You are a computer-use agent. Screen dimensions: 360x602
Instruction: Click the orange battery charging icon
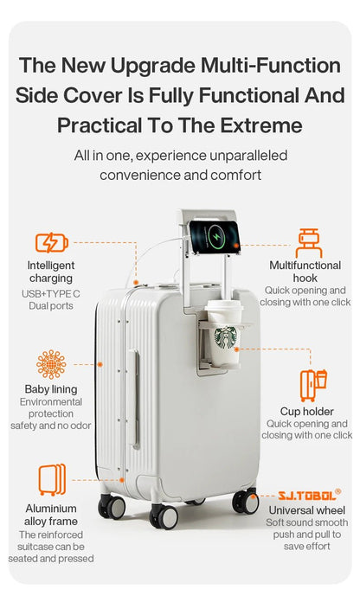(51, 242)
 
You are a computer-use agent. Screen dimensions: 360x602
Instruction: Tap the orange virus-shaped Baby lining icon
(51, 364)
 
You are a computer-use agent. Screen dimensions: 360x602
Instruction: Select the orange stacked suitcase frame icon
(52, 479)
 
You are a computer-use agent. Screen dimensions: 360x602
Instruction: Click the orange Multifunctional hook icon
(309, 243)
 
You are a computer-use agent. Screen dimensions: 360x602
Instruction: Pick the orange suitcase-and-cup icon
(313, 385)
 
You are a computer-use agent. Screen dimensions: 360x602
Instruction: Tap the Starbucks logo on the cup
(226, 337)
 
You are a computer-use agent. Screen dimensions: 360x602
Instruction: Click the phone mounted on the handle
(215, 237)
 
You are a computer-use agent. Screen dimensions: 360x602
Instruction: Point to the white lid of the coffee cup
(224, 306)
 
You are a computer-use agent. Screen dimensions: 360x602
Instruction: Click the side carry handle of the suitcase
(134, 398)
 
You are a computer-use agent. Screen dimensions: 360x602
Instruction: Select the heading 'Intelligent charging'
(51, 272)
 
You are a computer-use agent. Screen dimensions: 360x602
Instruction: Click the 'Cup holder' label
(306, 412)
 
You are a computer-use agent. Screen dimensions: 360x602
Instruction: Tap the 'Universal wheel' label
(307, 510)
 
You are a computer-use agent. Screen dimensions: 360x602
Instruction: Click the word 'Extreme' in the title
(261, 125)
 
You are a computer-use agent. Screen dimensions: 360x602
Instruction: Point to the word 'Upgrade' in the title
(153, 66)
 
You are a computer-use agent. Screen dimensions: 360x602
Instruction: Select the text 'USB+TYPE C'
(51, 294)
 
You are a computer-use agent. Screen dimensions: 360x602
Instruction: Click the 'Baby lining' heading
(51, 389)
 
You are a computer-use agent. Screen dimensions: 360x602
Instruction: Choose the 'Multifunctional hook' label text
(305, 272)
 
